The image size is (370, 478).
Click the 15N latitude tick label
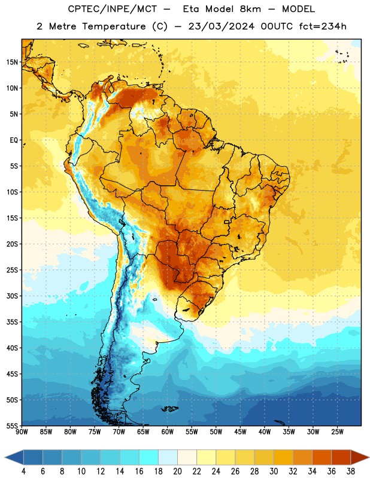(12, 62)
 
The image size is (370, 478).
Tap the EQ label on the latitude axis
(14, 140)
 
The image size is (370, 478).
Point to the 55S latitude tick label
(12, 425)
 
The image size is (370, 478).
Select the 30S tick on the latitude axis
(12, 296)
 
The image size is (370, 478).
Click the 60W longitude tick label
(168, 432)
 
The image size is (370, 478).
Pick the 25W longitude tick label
(337, 432)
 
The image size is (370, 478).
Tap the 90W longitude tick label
(22, 432)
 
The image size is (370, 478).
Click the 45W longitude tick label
(240, 432)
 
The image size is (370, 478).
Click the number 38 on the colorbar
(351, 471)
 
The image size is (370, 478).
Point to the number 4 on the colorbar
(23, 471)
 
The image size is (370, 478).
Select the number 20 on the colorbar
(177, 471)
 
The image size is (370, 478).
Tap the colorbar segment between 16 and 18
(148, 457)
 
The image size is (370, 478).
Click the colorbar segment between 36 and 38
(341, 457)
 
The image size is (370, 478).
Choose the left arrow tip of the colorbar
(5, 457)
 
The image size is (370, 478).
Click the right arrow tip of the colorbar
(369, 457)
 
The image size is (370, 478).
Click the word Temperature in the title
(114, 26)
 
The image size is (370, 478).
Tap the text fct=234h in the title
(323, 26)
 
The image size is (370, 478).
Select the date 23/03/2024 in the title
(221, 26)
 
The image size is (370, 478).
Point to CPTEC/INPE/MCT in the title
(113, 9)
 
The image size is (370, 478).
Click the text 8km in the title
(250, 9)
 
